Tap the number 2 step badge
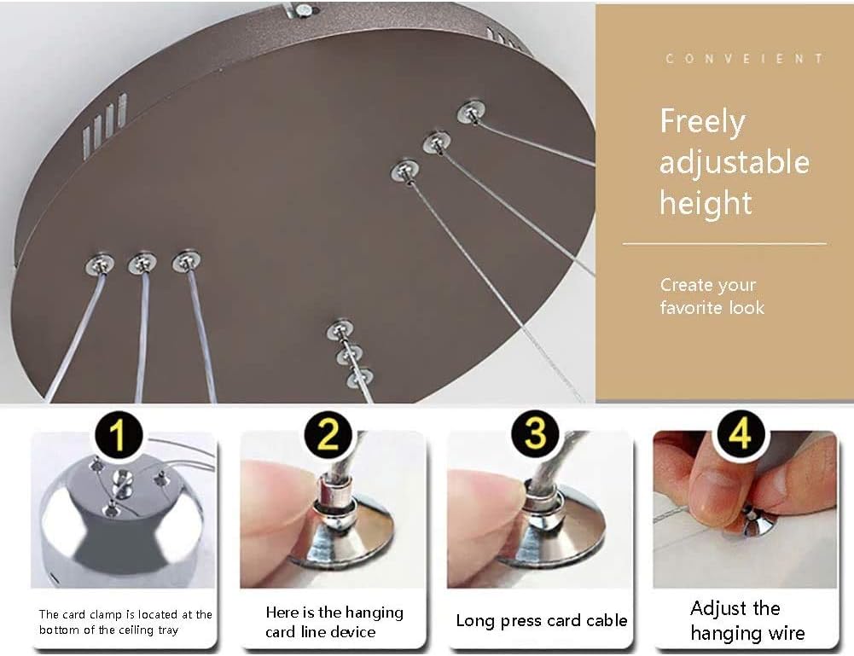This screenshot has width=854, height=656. pos(328,436)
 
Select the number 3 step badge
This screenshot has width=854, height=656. pos(535,434)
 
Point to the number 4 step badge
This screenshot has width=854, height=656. pos(740,434)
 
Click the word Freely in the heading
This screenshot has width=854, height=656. pos(702,122)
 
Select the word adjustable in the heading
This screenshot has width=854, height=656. pos(734,162)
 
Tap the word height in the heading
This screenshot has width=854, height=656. pos(706,203)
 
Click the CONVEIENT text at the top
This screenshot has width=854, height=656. pos(744,59)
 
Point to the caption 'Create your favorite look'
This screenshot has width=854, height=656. pos(712,296)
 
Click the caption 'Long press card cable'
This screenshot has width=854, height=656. pos(541,620)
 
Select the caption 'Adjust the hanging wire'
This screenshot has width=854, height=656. pos(747,620)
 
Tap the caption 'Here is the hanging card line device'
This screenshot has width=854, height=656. pos(334,622)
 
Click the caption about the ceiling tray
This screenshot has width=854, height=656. pos(125,622)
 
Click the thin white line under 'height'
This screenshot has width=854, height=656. pos(724,244)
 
